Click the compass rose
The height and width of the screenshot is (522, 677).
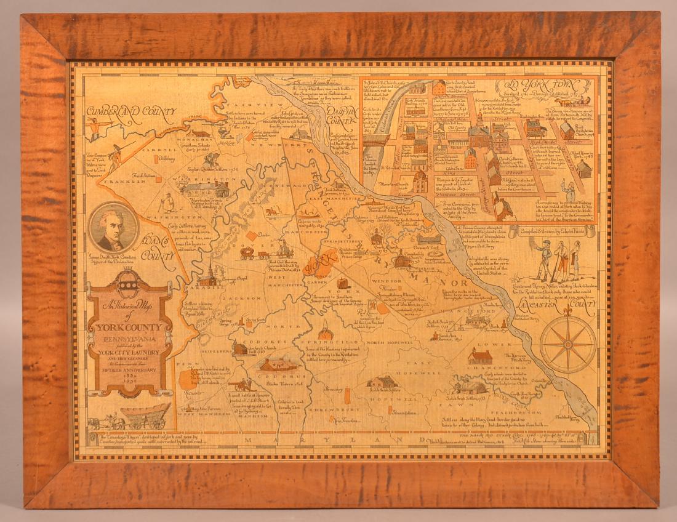[x=567, y=344]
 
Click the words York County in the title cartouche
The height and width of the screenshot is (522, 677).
[x=130, y=327]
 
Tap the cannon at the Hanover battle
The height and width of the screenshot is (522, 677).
[x=239, y=385]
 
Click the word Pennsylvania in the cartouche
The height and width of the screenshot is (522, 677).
[x=130, y=339]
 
